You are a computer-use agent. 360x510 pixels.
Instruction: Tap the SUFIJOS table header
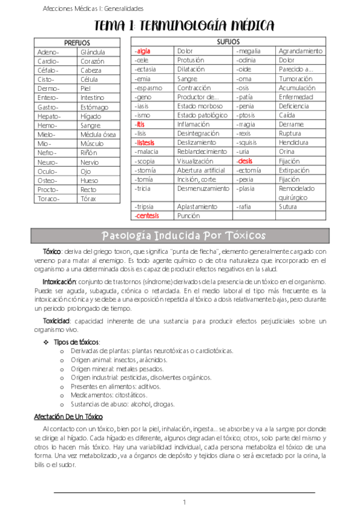(x=228, y=41)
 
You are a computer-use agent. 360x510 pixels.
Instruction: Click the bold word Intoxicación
(x=59, y=281)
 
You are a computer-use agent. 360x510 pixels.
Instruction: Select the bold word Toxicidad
(x=56, y=321)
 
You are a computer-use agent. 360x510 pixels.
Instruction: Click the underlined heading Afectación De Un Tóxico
(x=69, y=416)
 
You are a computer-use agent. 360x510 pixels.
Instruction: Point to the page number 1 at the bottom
(x=185, y=502)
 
